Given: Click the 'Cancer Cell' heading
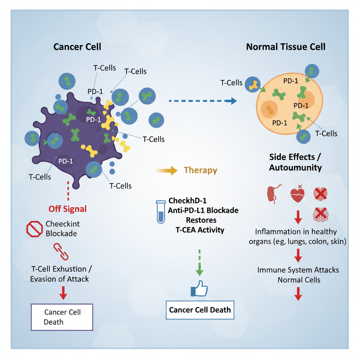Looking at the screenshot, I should pos(77,47).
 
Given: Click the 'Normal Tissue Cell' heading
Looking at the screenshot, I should pos(286,47).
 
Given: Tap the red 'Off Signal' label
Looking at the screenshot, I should pos(67,209).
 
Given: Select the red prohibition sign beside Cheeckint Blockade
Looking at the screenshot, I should pos(34,229).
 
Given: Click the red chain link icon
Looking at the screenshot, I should pos(61,251).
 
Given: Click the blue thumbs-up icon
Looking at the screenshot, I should pos(199,289).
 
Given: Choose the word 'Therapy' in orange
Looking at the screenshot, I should pos(200,171).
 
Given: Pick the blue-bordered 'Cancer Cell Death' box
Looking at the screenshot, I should pos(200,310).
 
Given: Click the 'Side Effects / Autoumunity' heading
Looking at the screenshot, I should pos(295,162).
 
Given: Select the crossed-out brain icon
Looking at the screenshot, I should pos(320,214).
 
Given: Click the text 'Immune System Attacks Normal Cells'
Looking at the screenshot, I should pos(298,275).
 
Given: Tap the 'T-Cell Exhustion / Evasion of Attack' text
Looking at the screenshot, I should pos(59,274).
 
